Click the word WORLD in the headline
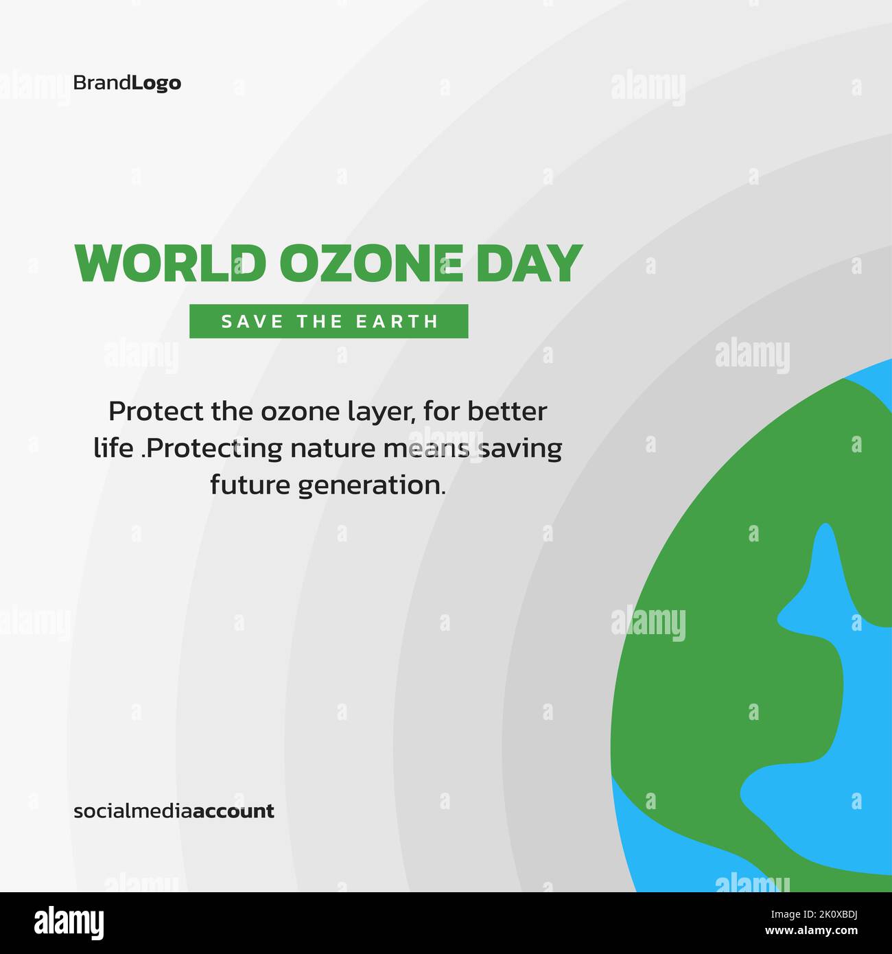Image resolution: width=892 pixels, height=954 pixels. [x=169, y=264]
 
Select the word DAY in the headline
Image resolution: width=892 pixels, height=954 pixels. [x=529, y=264]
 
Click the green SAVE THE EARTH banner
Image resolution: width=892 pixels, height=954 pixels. [x=329, y=321]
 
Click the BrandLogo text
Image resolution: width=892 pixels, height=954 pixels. [x=127, y=83]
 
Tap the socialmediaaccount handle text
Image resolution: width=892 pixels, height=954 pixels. [x=174, y=811]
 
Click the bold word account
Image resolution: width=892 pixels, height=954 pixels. [x=233, y=811]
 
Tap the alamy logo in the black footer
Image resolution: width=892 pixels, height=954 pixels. [x=69, y=922]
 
